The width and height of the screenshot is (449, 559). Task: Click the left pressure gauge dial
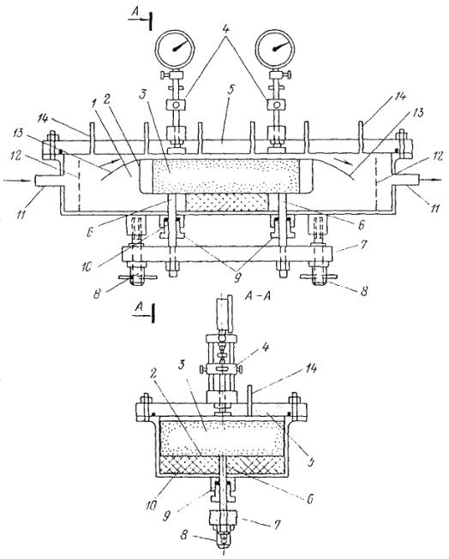pos(175,48)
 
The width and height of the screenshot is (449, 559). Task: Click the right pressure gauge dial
pos(275,48)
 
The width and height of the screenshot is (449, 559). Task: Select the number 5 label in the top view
pos(230,90)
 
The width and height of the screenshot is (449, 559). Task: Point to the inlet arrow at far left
pos(17,181)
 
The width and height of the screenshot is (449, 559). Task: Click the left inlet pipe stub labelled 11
pos(46,181)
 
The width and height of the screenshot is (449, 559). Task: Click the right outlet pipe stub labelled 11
pos(404,180)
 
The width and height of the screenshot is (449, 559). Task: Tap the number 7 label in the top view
pos(363,246)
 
